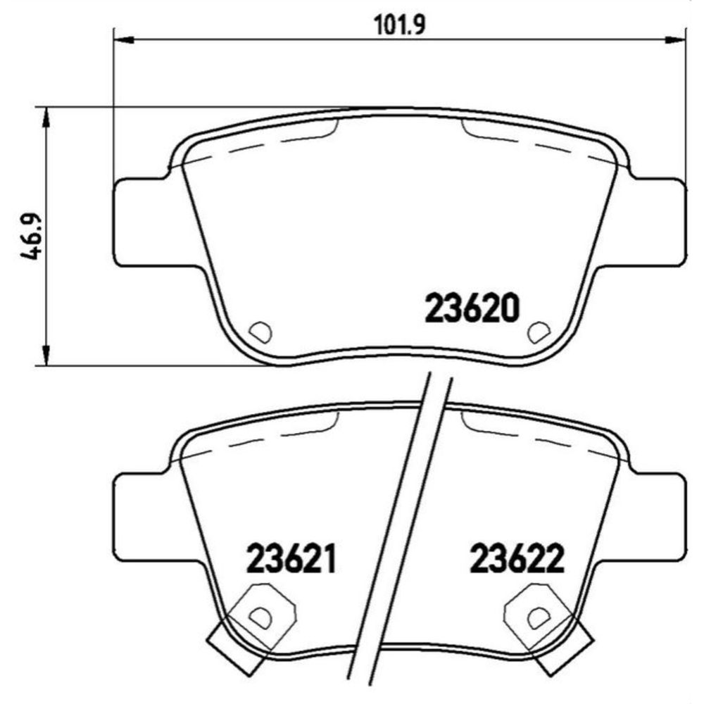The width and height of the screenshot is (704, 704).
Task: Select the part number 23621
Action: pyautogui.click(x=289, y=560)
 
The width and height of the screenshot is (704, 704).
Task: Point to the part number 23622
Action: pyautogui.click(x=517, y=560)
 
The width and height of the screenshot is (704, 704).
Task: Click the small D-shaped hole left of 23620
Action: pyautogui.click(x=260, y=329)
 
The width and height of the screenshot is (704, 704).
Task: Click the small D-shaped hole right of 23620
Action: pyautogui.click(x=540, y=329)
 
